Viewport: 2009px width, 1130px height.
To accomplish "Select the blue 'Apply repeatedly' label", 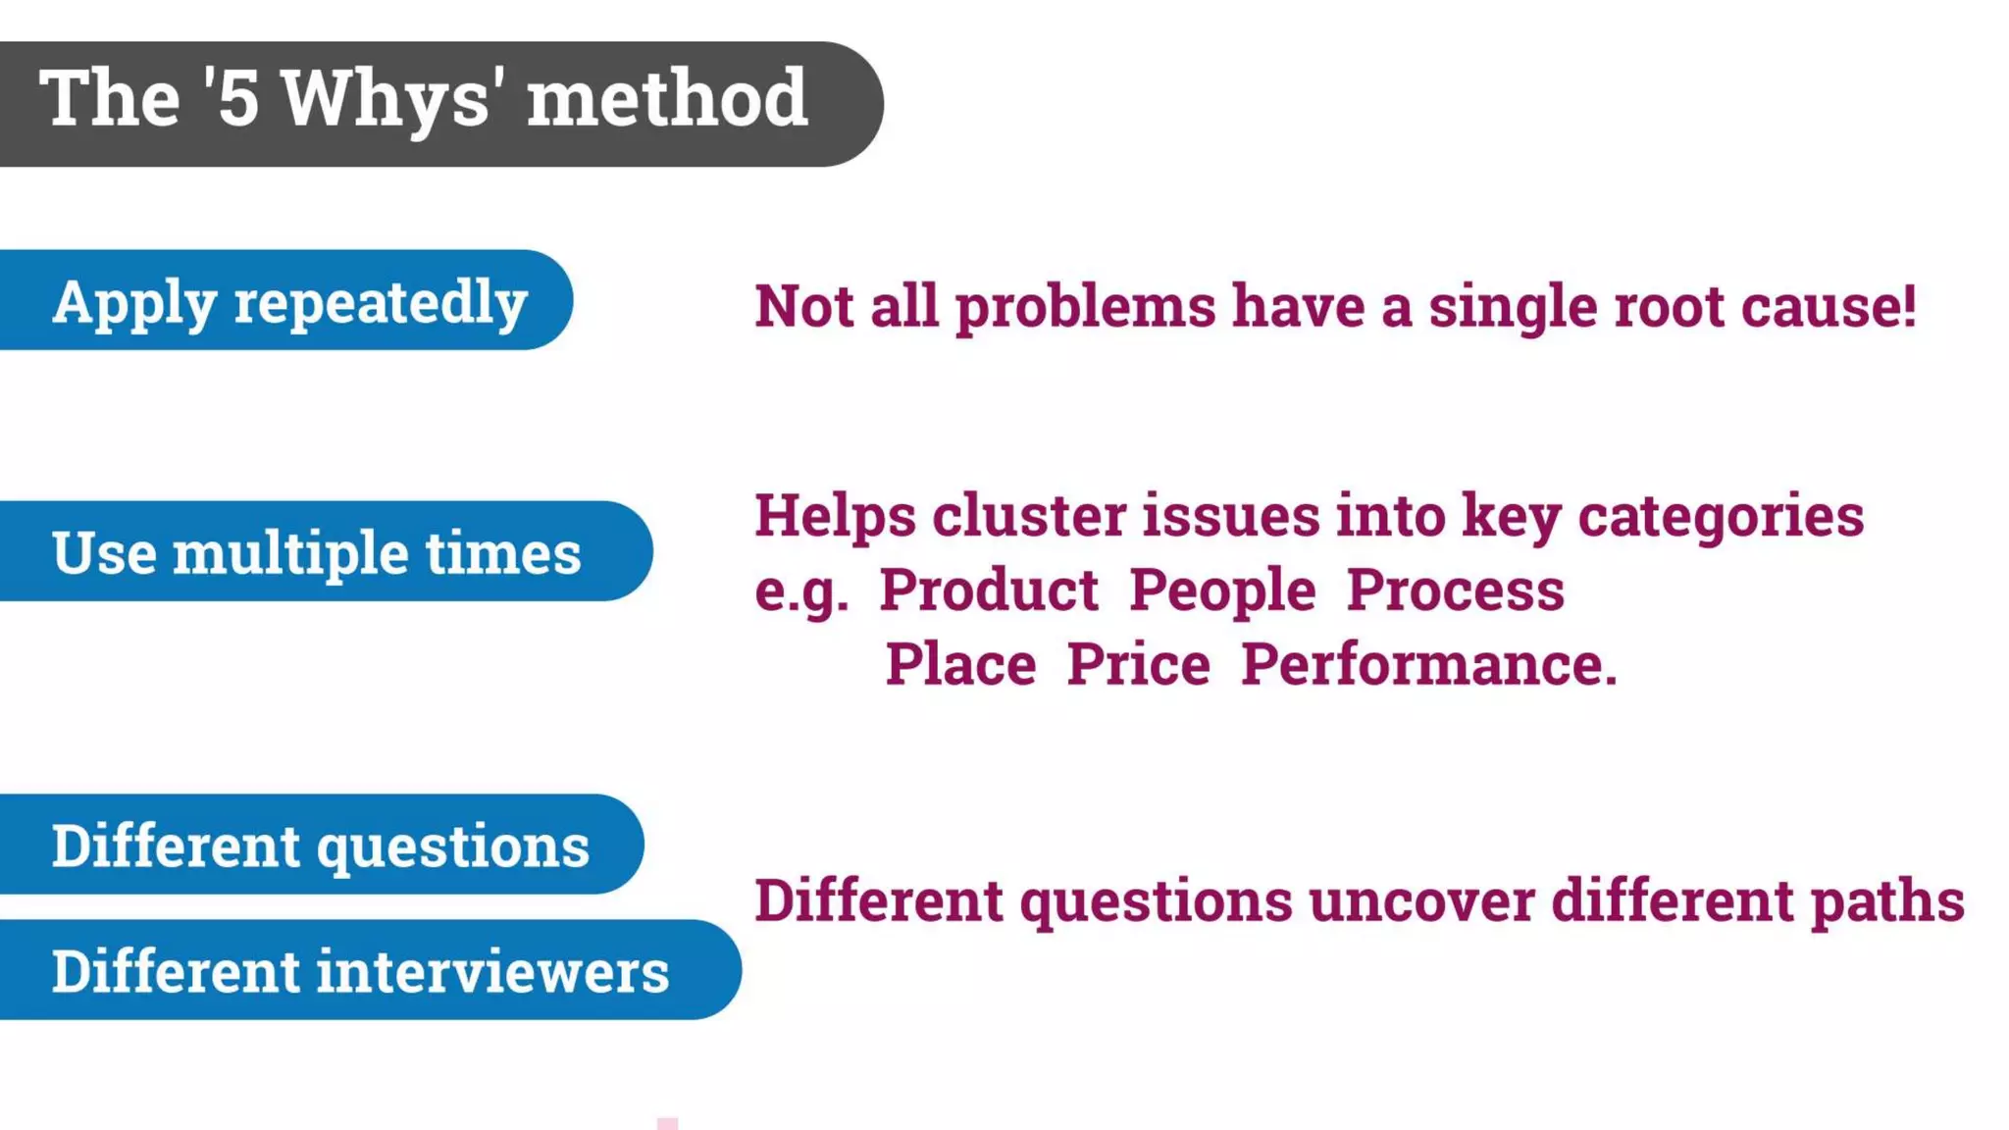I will (289, 301).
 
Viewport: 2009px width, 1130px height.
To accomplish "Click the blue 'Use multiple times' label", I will (316, 552).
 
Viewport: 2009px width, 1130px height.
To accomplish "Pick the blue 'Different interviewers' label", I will (360, 971).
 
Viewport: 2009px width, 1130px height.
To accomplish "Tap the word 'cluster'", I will (1028, 516).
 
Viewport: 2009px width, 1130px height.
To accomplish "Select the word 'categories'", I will (1720, 516).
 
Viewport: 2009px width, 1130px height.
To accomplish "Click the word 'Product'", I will (988, 591).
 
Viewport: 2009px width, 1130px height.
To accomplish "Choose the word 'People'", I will (1221, 591).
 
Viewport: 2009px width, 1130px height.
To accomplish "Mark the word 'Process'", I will (1455, 591).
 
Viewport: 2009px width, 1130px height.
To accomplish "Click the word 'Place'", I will (960, 664).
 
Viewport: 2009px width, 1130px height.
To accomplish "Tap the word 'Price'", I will (1138, 664).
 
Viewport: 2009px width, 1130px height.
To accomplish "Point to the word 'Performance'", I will (1422, 664).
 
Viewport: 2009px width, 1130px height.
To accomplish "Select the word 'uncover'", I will (1420, 900).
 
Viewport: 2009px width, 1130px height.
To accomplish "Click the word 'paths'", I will (1886, 902).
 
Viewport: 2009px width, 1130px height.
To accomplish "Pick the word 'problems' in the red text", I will (1085, 308).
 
